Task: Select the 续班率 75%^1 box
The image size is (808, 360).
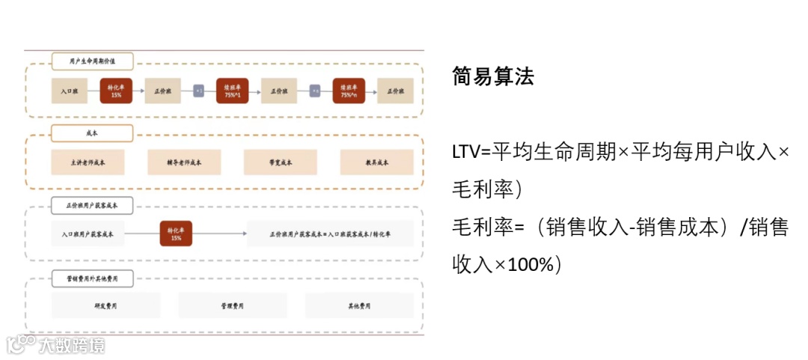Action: (232, 91)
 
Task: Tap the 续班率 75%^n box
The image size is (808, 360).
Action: (349, 91)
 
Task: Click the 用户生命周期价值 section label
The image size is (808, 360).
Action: (92, 61)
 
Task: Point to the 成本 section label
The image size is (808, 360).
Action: (92, 133)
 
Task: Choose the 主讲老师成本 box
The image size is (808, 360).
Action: (88, 162)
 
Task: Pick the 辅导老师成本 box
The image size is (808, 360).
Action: (184, 162)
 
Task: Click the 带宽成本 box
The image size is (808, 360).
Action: (280, 162)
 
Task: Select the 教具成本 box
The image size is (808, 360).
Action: (376, 162)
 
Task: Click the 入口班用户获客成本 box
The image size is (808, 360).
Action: (88, 234)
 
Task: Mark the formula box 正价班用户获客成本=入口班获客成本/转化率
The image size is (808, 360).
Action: (330, 234)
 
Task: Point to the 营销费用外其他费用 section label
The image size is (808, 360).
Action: (92, 278)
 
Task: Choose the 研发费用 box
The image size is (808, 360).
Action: (105, 305)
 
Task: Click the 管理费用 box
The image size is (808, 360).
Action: (232, 305)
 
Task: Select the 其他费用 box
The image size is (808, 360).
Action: (359, 305)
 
